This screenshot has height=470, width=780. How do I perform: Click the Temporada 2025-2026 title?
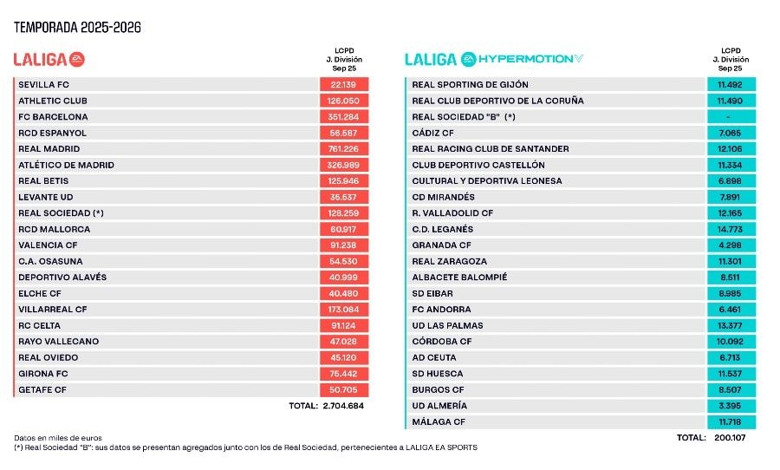77,28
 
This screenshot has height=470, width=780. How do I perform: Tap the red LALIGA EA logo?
49,60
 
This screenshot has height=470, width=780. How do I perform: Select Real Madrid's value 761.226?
344,149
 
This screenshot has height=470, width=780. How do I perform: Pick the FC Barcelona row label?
53,117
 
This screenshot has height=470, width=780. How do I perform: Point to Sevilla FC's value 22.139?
344,85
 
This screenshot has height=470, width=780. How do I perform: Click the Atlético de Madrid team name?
66,165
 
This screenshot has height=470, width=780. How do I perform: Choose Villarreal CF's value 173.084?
344,310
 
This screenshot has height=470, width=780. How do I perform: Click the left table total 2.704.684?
342,406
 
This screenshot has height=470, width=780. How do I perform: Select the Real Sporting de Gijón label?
471,85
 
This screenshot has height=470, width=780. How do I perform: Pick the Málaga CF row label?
439,421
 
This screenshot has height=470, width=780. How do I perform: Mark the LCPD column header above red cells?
344,60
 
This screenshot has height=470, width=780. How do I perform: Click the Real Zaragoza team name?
450,261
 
